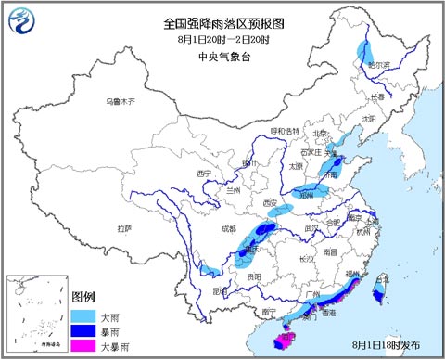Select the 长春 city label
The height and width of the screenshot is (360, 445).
(x=374, y=96)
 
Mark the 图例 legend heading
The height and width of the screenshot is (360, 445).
(x=83, y=298)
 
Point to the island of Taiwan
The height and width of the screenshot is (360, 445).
(x=378, y=294)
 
